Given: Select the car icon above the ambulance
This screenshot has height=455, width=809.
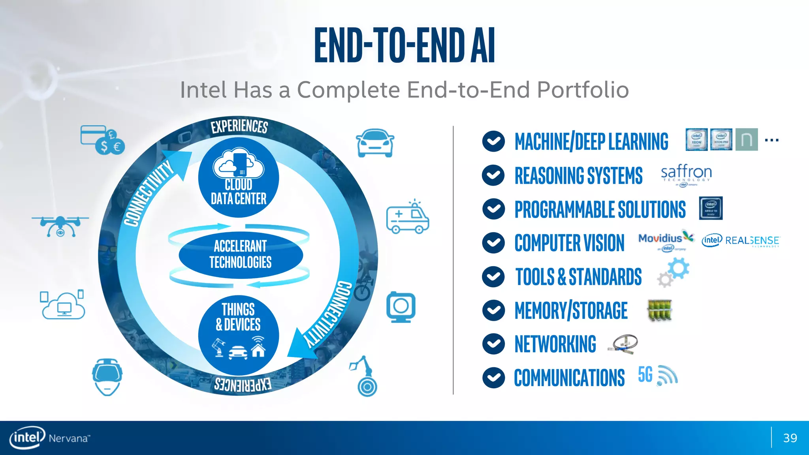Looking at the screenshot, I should pos(374,143).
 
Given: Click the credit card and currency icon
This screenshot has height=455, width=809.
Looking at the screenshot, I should pos(102,140).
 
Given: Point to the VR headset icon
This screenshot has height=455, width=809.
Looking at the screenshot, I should pos(107,376).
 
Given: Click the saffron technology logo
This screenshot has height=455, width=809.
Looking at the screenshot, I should pos(686,175).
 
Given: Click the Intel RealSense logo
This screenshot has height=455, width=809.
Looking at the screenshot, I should pos(741,241).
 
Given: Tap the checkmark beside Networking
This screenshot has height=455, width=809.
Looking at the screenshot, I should pos(493,344).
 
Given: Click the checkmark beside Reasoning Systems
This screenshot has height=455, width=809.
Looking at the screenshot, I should pos(493,175).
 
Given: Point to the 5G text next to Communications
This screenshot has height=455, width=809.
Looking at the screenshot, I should pos(645,374).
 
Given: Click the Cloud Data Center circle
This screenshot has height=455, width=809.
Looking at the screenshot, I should pos(239,178).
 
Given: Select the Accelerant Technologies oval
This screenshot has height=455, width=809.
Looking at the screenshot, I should pos(240,254).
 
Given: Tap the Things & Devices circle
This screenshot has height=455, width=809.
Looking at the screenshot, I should pos(239,335).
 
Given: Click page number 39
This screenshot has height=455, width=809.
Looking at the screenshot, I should pos(790,438).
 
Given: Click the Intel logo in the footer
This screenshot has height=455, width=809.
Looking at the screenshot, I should pos(27,438).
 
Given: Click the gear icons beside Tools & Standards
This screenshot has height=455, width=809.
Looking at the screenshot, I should pos(674,273).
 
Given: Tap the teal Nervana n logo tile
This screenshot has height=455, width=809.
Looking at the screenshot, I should pos(746,139).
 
